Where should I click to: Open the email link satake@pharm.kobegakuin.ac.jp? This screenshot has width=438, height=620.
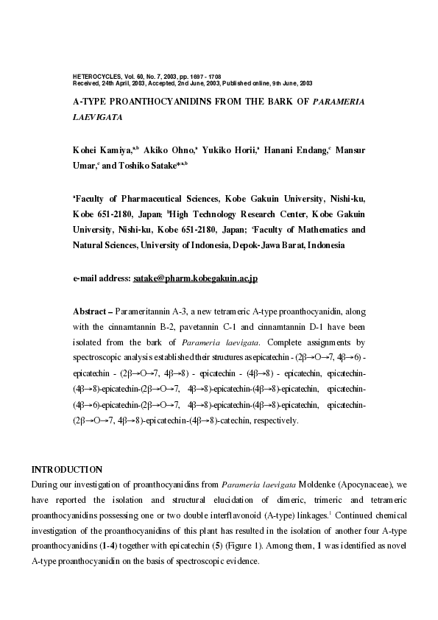[194, 279]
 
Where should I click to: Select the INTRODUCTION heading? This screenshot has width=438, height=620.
[66, 469]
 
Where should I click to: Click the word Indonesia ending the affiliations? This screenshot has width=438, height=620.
[325, 245]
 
